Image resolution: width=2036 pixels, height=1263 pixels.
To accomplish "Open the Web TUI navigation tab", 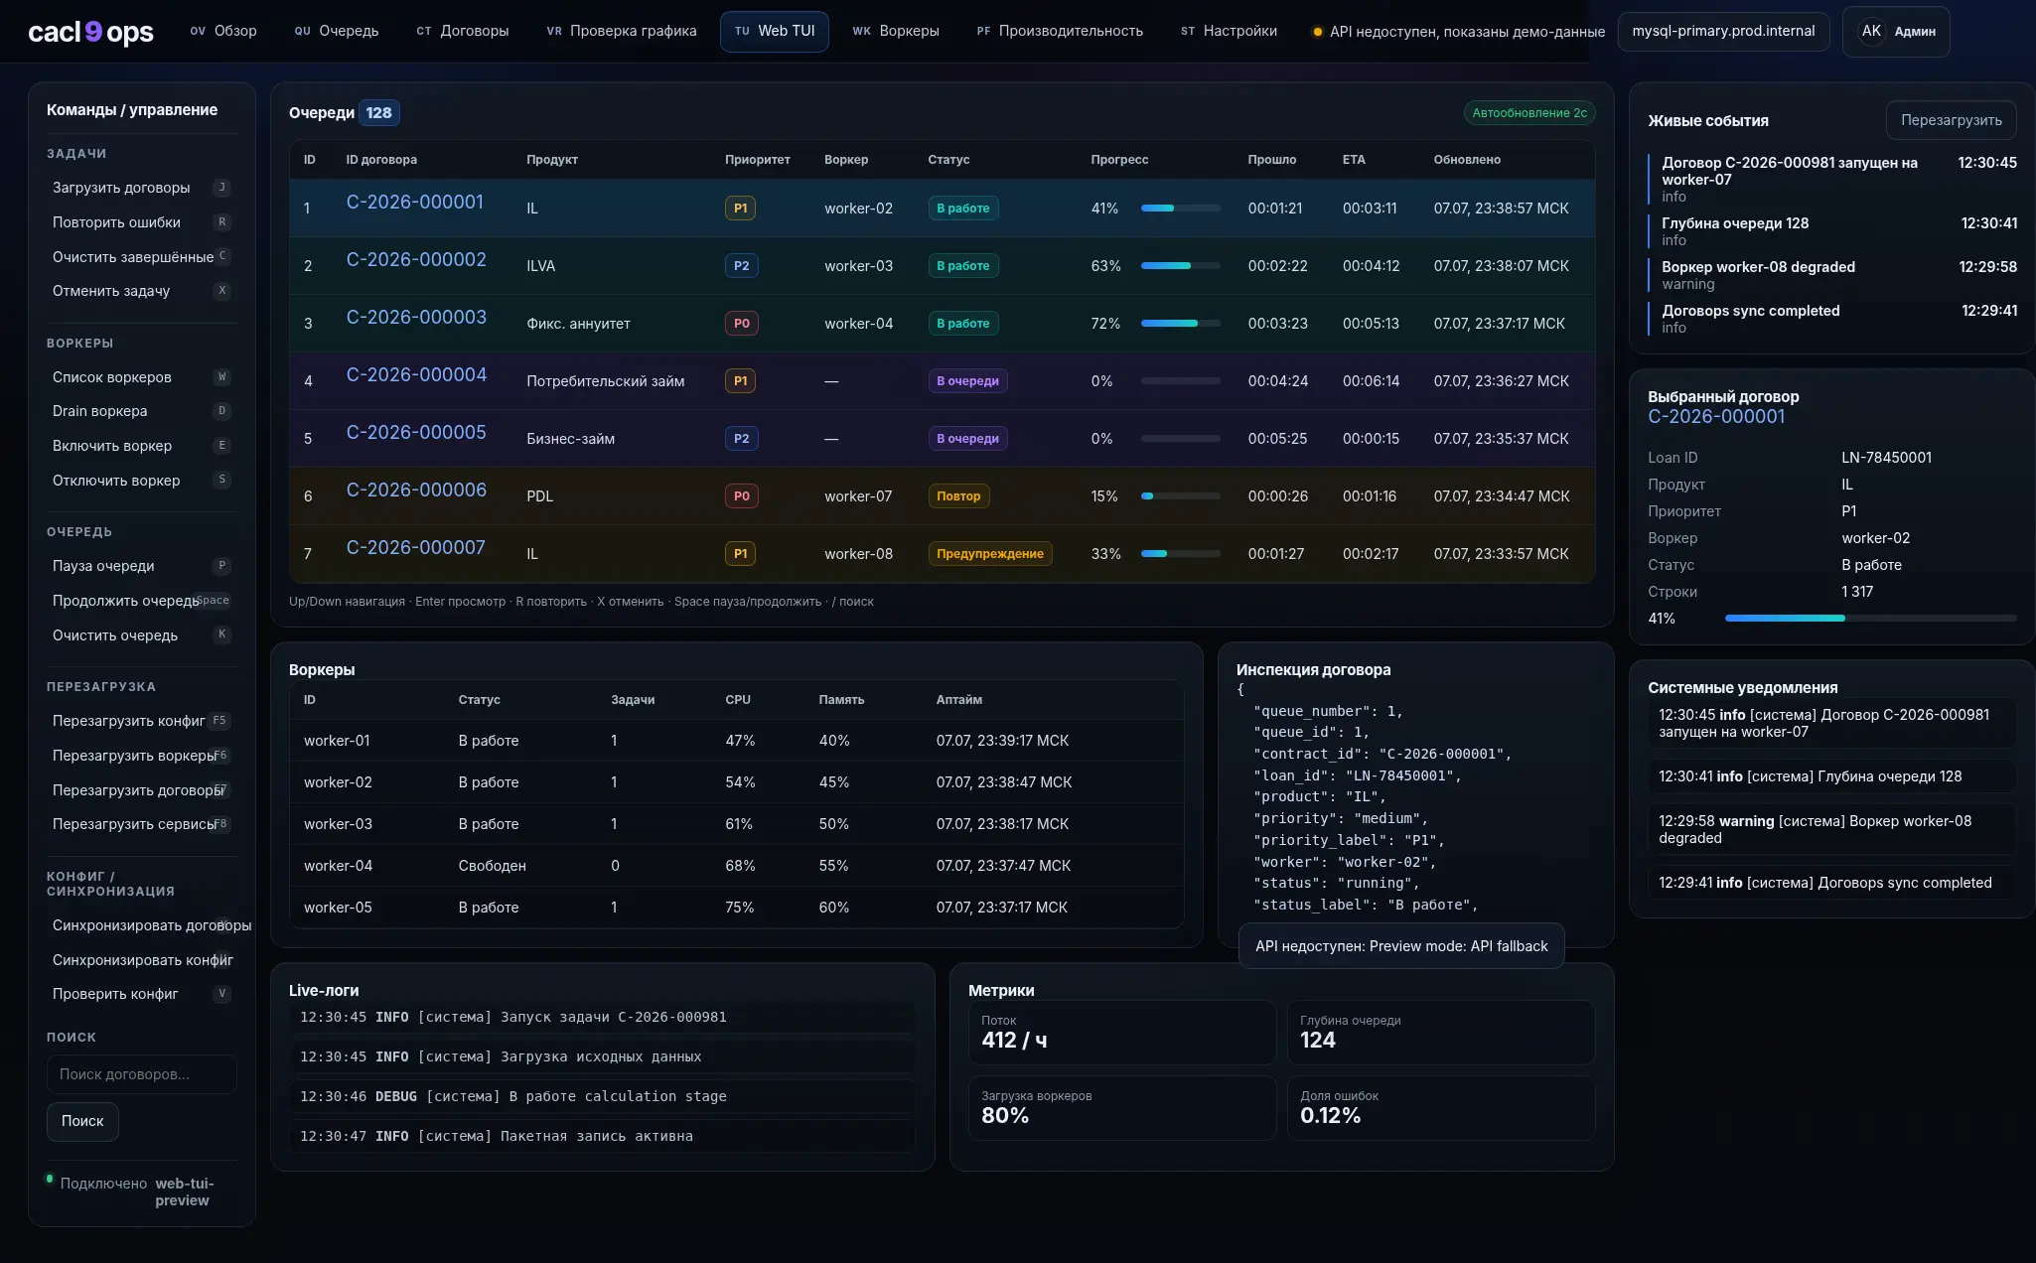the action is (x=774, y=31).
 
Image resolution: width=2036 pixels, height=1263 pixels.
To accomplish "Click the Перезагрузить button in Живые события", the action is (x=1951, y=120).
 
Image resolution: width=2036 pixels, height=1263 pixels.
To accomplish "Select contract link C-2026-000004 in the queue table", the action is (x=416, y=375).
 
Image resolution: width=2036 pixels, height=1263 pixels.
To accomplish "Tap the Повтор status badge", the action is (x=958, y=496).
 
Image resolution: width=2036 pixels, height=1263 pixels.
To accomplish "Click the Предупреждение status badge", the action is (x=990, y=554).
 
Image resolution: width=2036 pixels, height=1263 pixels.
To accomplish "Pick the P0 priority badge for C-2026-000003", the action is (x=741, y=324).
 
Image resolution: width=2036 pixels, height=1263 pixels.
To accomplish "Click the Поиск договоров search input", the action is (x=142, y=1074).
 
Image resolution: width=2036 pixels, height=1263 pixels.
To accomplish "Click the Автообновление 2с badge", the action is (x=1529, y=113).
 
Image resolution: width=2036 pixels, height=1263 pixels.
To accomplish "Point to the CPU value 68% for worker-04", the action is (x=740, y=866).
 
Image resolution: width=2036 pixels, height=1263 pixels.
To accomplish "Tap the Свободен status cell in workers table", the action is (x=492, y=866).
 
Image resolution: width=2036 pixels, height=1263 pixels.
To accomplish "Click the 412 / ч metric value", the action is (x=1014, y=1041).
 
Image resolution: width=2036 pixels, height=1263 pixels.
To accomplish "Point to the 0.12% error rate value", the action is (x=1330, y=1116).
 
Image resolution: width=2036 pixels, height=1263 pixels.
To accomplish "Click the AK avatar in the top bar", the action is (x=1871, y=32).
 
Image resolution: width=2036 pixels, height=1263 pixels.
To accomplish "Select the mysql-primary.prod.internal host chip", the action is (x=1723, y=32).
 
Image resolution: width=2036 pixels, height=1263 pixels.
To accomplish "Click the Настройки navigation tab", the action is (x=1229, y=31).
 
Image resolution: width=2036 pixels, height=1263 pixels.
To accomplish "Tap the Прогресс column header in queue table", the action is (x=1119, y=160).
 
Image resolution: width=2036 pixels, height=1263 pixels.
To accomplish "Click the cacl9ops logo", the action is (x=90, y=32).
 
